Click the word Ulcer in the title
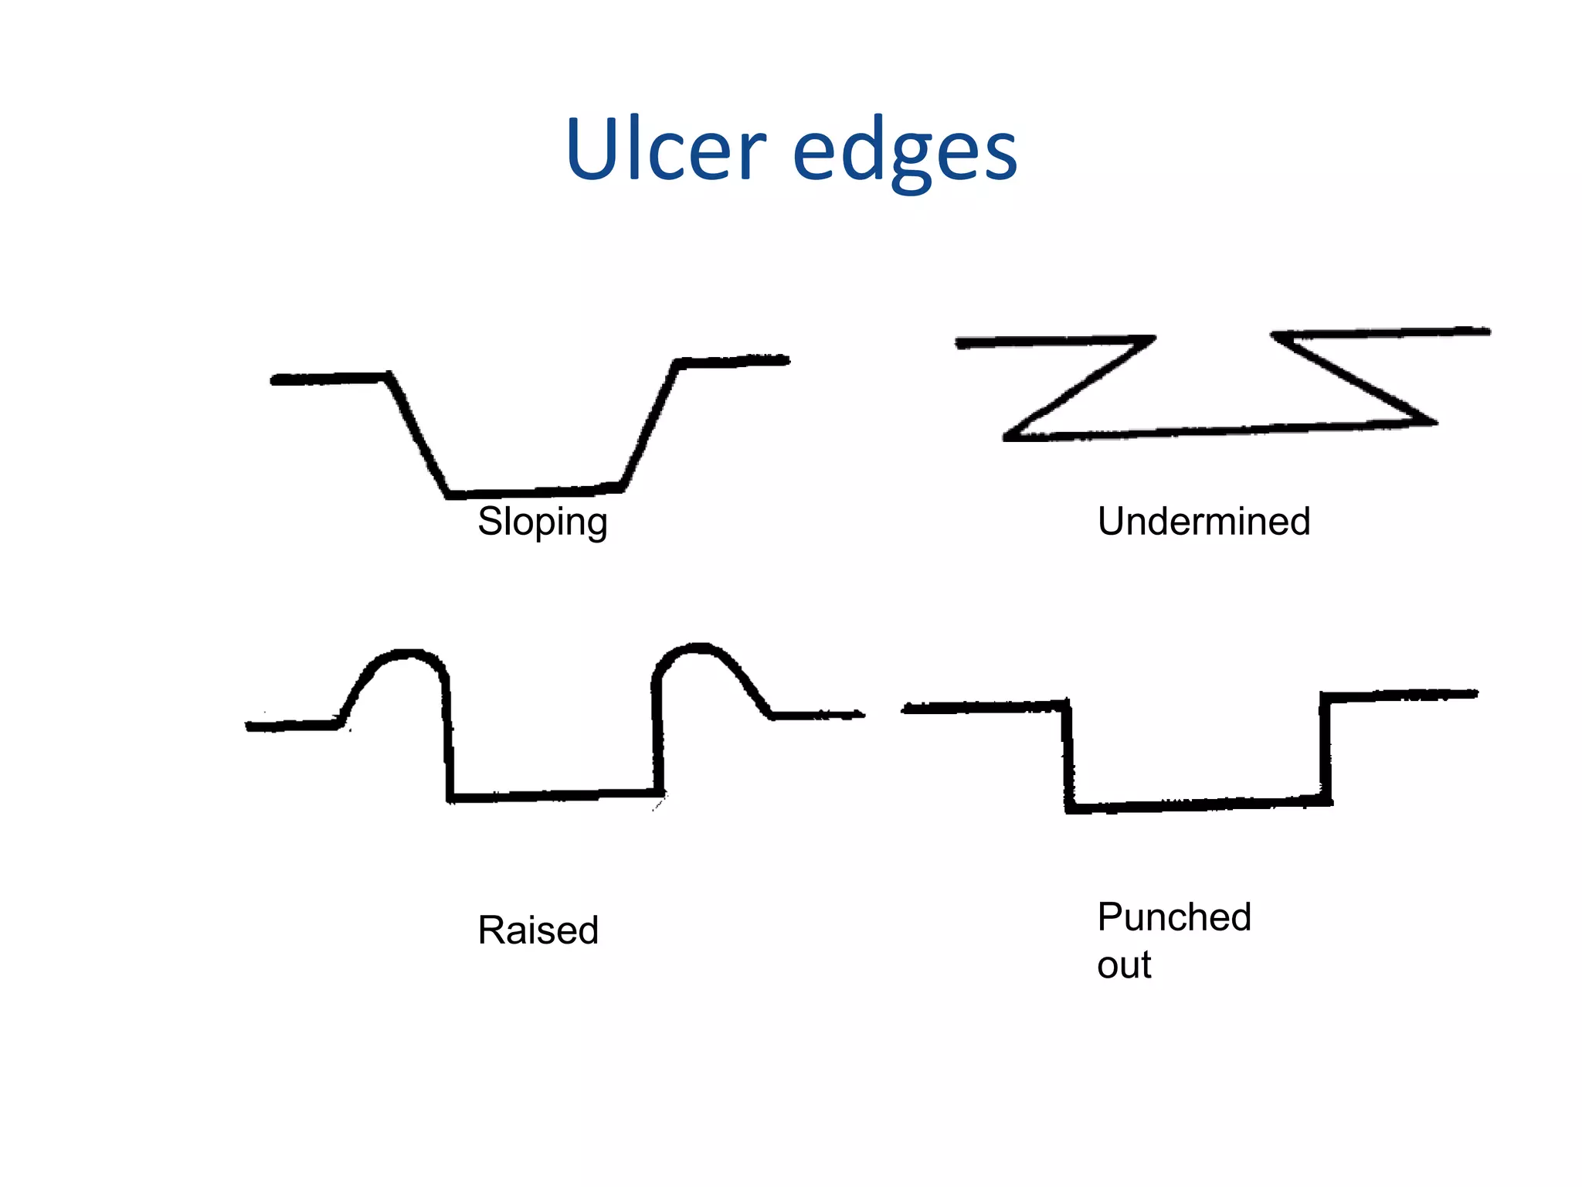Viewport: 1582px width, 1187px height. click(x=665, y=150)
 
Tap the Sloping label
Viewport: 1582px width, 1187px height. click(x=542, y=522)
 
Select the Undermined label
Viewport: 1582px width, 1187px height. click(x=1203, y=522)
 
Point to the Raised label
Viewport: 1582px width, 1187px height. click(x=538, y=930)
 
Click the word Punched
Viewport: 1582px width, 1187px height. click(x=1173, y=918)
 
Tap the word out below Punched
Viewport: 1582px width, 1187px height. click(x=1124, y=965)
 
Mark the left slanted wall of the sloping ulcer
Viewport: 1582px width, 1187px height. click(x=418, y=435)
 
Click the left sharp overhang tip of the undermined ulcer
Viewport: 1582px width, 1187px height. click(x=1151, y=338)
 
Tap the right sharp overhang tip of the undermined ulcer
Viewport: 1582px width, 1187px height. click(x=1276, y=336)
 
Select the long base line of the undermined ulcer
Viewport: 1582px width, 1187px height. click(x=1220, y=430)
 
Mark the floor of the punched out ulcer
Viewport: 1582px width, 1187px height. click(x=1197, y=805)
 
